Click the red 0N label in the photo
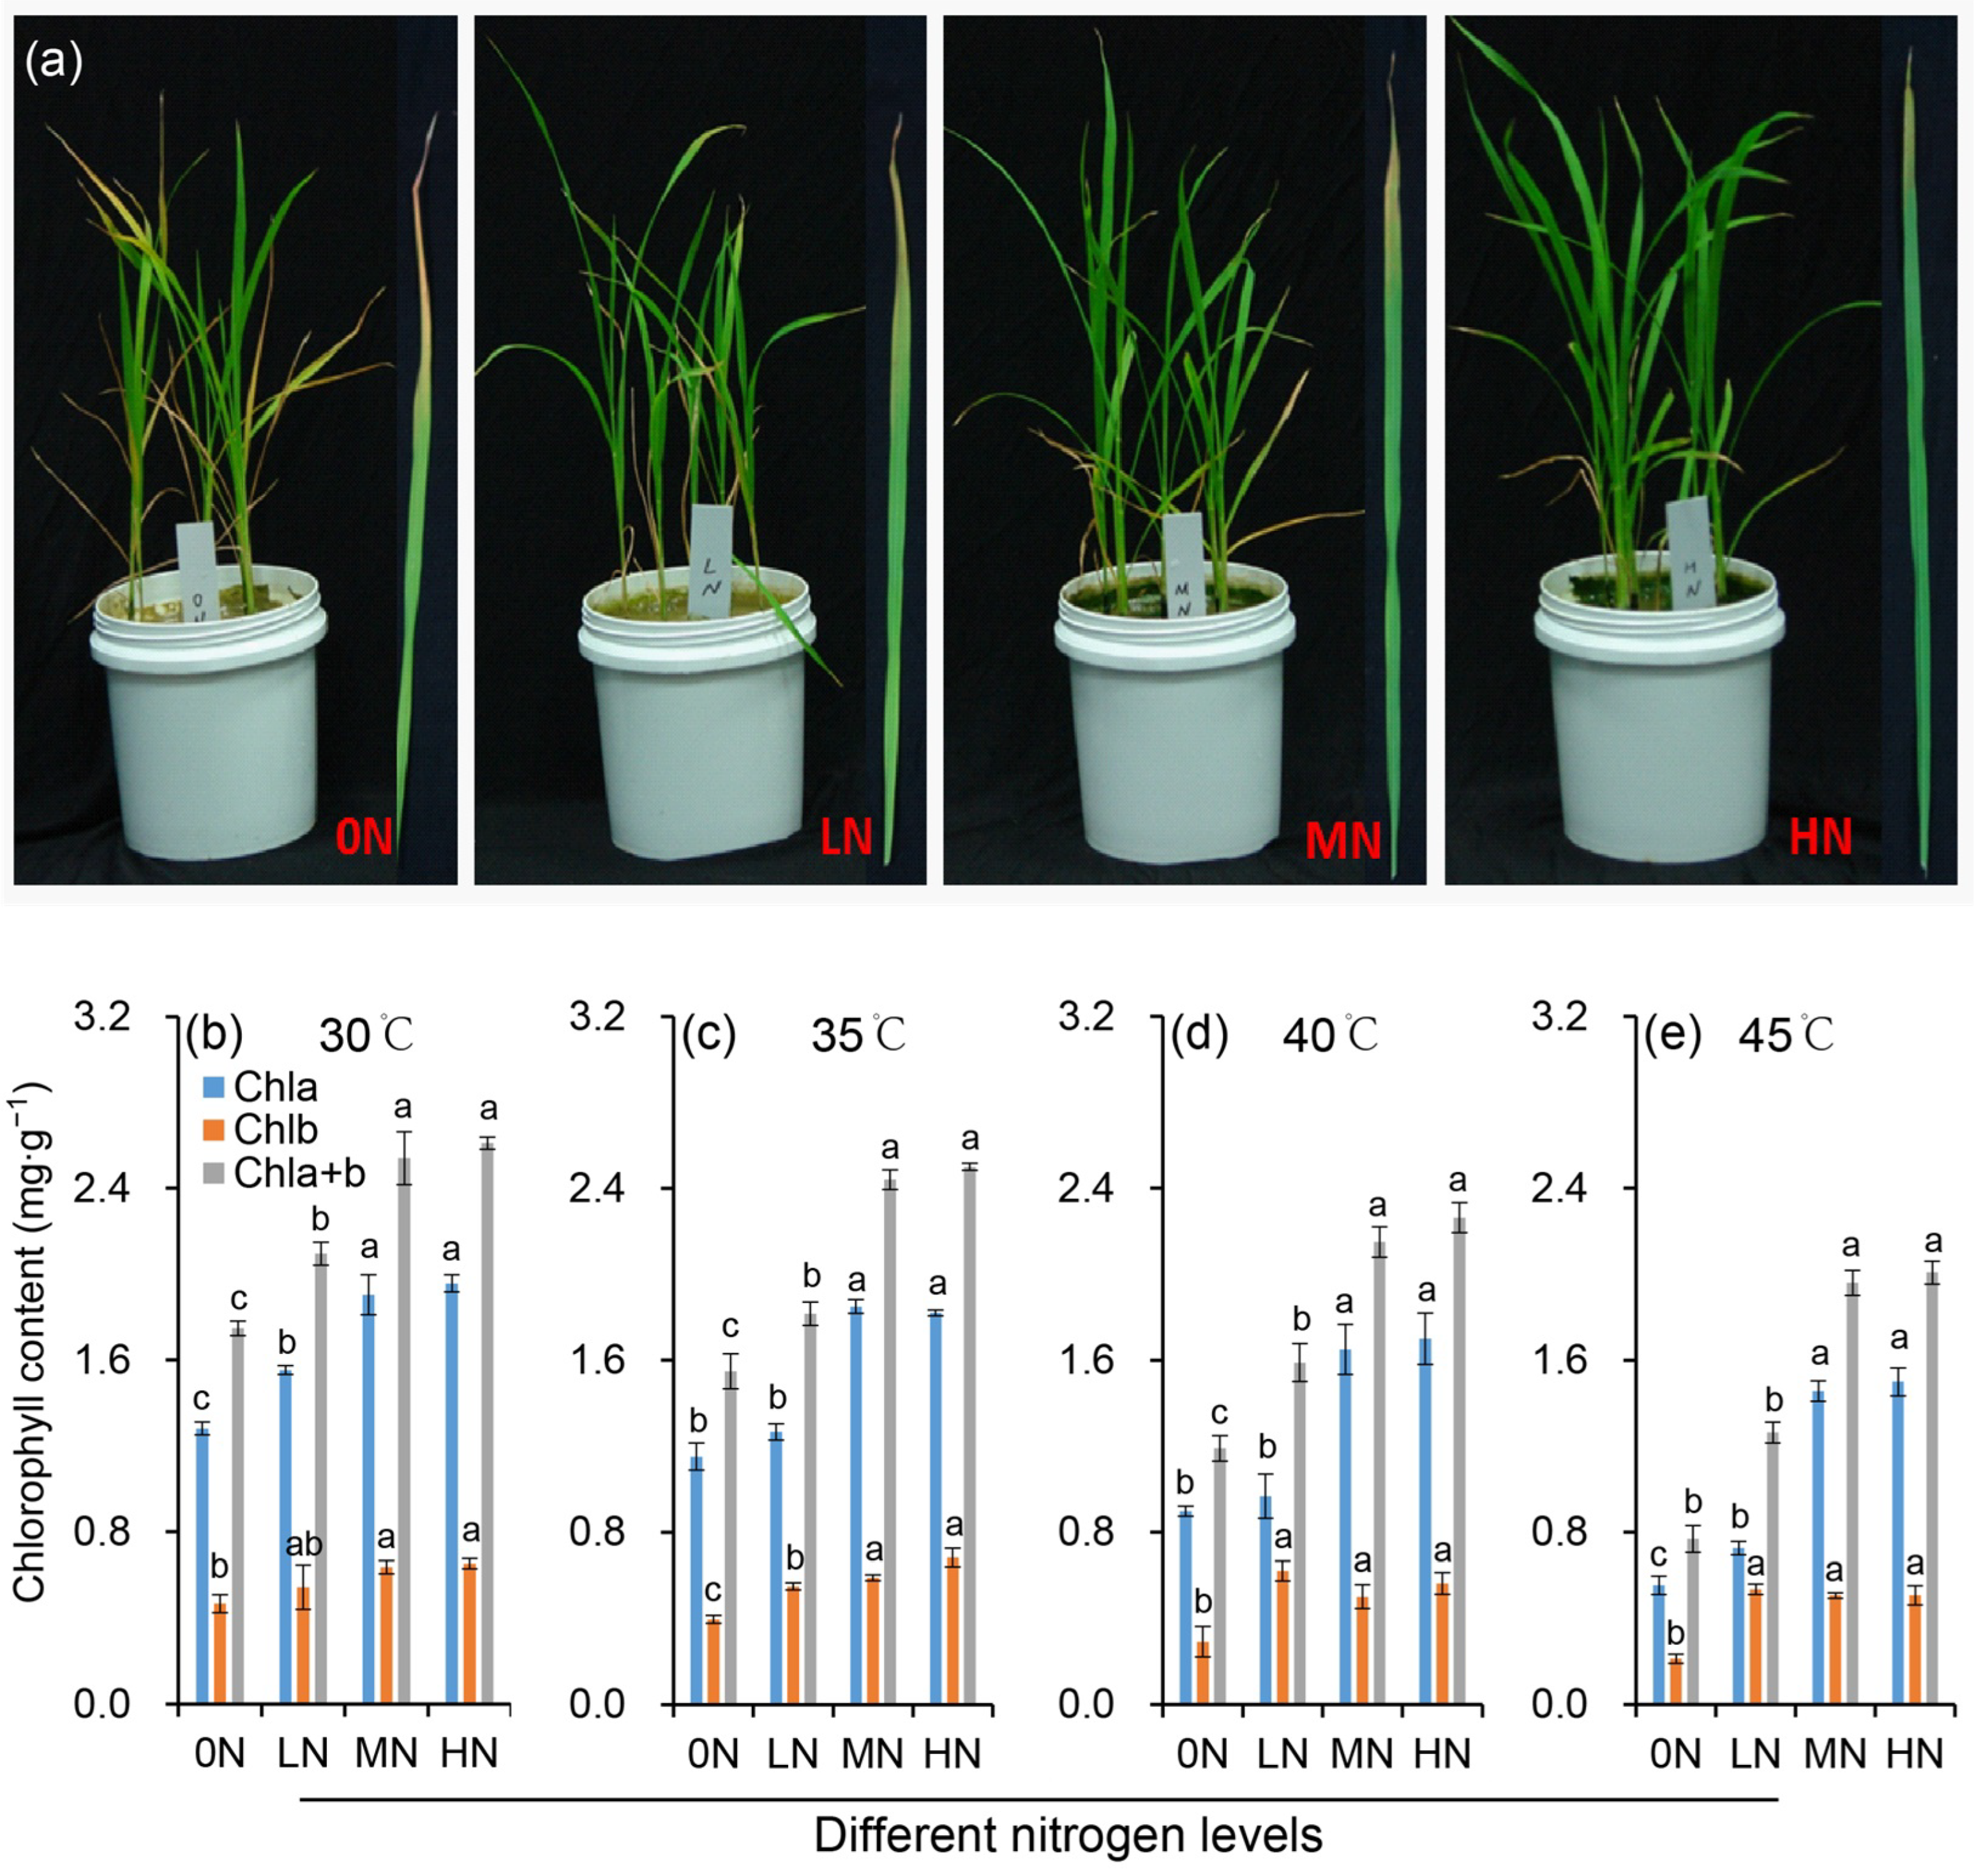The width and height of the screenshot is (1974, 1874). (364, 836)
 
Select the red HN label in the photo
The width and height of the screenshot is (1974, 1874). (1820, 836)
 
